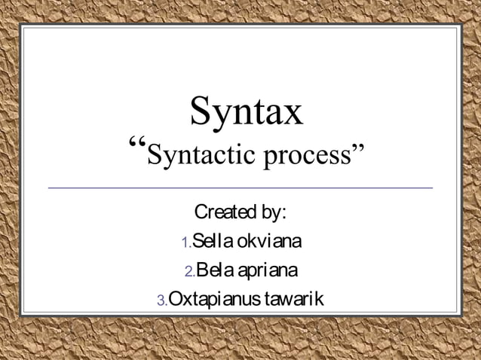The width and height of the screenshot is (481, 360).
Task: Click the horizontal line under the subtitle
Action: [x=240, y=187]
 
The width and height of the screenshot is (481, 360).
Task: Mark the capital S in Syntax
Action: [x=201, y=111]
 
